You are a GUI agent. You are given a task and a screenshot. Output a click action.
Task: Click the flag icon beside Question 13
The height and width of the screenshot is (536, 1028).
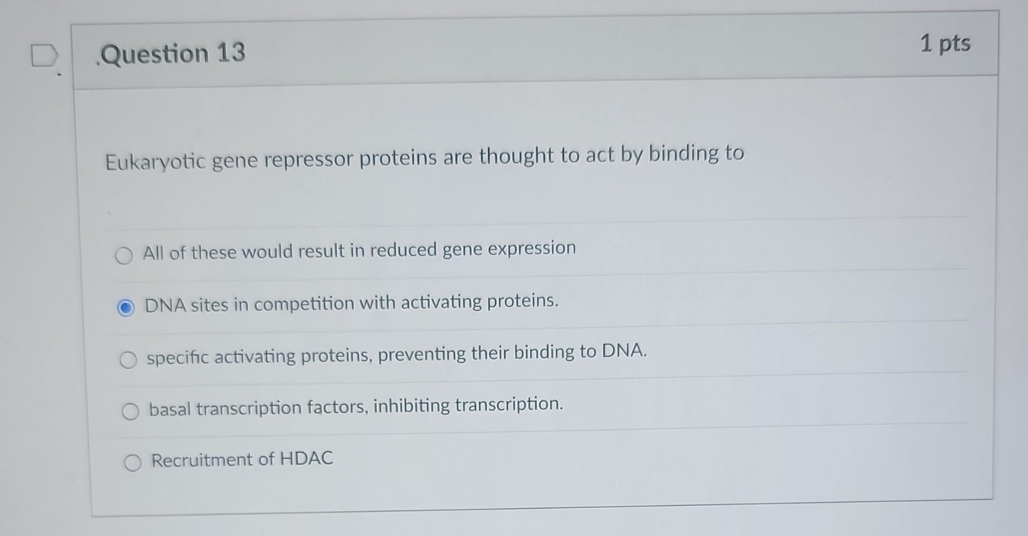tap(44, 56)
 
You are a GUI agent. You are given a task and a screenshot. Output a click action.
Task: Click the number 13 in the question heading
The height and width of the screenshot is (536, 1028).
tap(231, 53)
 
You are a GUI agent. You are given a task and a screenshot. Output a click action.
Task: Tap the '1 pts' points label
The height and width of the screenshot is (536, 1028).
tap(945, 43)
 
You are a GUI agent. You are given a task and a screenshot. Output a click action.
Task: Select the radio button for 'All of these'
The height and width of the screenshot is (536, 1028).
tap(124, 255)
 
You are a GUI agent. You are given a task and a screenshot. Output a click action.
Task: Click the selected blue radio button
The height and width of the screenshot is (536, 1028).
tap(126, 308)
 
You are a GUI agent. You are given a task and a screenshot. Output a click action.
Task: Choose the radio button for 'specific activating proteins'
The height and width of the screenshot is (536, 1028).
tap(128, 360)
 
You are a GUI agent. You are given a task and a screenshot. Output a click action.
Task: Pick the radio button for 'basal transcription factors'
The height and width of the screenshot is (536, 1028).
tap(130, 411)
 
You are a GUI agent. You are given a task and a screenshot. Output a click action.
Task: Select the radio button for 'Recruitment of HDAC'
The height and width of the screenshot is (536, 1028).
tap(133, 462)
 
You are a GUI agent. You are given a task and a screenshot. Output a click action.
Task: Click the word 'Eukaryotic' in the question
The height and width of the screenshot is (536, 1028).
tap(155, 161)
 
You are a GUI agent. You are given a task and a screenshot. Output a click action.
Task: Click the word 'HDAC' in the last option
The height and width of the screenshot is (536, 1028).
tap(306, 458)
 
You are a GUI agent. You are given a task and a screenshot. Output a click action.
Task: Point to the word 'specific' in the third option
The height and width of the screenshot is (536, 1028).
tap(177, 358)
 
